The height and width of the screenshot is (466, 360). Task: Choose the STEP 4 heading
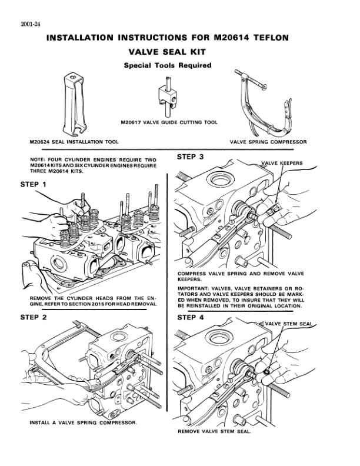click(191, 318)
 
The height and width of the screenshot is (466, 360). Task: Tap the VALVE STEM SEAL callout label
click(287, 324)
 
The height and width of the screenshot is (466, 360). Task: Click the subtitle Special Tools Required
click(168, 65)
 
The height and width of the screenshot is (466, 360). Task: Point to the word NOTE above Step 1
click(38, 159)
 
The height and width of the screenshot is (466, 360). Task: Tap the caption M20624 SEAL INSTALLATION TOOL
click(74, 142)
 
